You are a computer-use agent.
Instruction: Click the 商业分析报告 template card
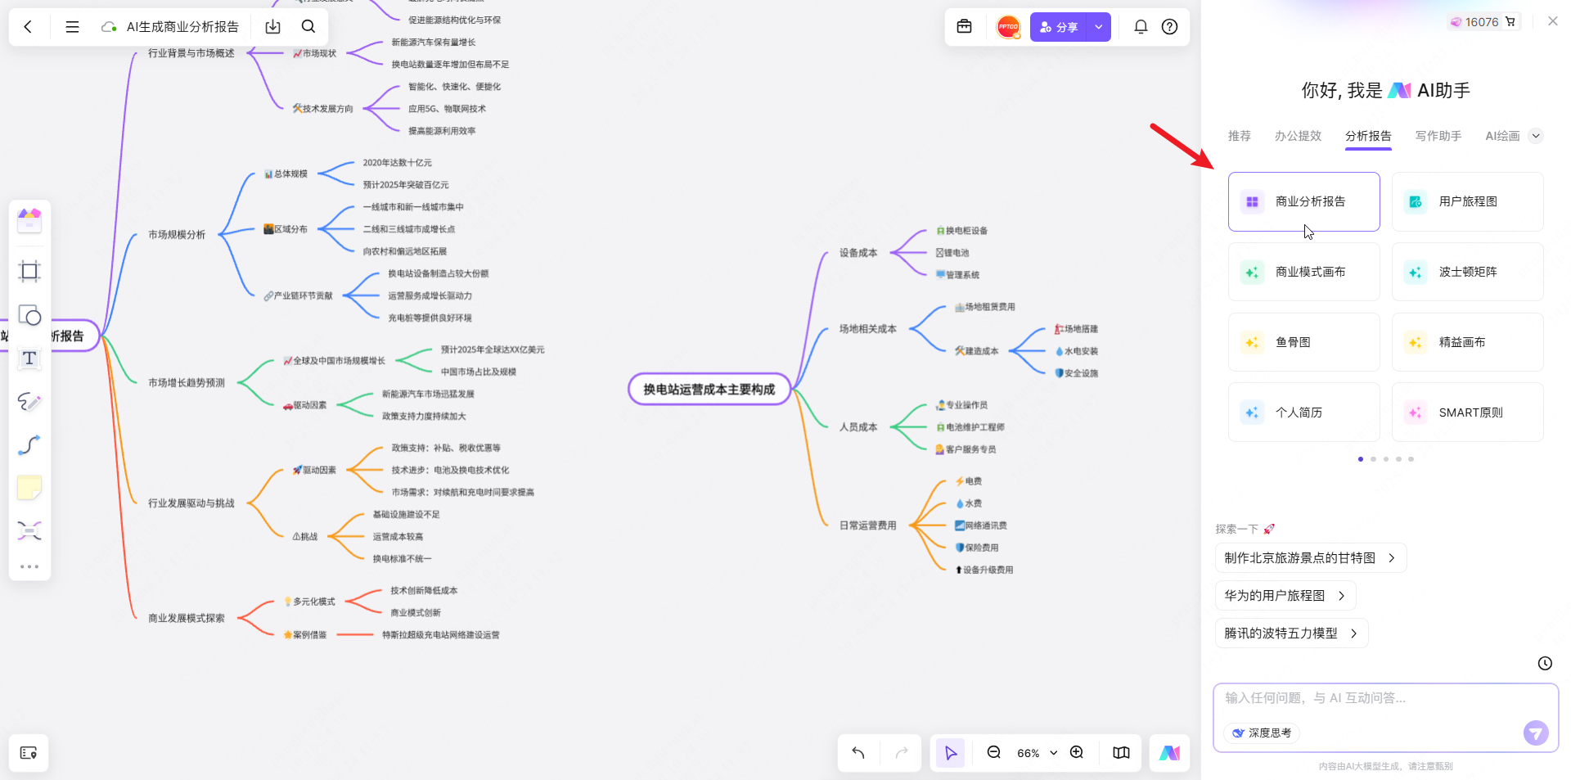tap(1303, 201)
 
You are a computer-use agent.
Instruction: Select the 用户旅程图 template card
tap(1467, 201)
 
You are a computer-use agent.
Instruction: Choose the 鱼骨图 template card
tap(1303, 342)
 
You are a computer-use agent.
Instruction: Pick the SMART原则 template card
tap(1467, 413)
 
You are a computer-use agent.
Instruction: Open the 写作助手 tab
tap(1438, 136)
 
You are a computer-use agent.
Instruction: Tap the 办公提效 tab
tap(1298, 136)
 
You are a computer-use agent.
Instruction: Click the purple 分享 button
tap(1059, 27)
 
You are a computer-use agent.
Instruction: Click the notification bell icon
tap(1141, 27)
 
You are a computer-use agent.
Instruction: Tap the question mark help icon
tap(1170, 27)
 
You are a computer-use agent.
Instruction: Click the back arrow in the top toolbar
tap(28, 27)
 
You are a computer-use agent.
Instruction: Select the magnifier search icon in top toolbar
tap(308, 27)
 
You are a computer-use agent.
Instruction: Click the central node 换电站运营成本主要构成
tap(709, 390)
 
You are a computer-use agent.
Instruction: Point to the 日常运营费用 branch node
tap(867, 525)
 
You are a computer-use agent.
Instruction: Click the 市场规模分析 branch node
tap(177, 235)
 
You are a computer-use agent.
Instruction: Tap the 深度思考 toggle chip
tap(1262, 733)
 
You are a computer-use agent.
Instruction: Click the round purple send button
tap(1536, 733)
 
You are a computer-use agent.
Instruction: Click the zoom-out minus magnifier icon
tap(994, 752)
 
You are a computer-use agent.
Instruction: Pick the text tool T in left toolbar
tap(29, 358)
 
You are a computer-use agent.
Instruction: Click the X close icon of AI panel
tap(1552, 21)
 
